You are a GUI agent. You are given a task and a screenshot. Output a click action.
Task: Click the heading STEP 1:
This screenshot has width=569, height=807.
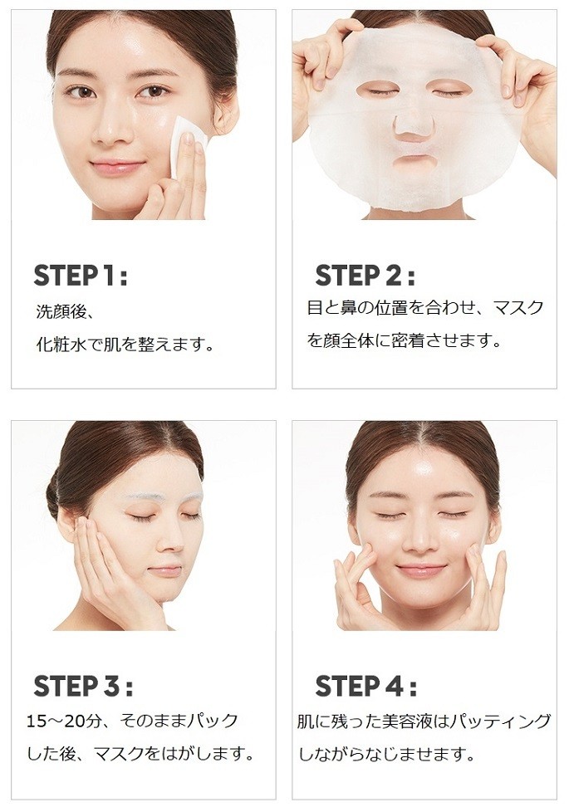(81, 276)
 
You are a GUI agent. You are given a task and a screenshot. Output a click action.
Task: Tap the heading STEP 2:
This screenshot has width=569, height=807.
(365, 276)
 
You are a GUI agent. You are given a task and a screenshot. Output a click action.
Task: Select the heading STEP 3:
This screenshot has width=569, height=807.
(83, 686)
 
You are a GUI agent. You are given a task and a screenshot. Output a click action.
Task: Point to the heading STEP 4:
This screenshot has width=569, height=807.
(365, 686)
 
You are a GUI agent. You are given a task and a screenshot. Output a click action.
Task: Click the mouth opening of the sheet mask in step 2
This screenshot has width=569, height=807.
(414, 163)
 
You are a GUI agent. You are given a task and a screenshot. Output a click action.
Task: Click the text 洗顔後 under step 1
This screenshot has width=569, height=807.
(61, 312)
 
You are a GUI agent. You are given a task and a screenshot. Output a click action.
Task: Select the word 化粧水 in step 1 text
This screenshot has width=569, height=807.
(61, 344)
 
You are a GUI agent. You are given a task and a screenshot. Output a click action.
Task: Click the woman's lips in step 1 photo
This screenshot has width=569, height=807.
(117, 167)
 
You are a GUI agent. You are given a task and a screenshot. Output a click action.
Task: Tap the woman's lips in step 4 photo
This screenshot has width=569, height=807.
(420, 570)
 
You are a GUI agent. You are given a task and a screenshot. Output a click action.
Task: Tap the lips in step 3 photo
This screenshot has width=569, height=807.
(165, 570)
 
